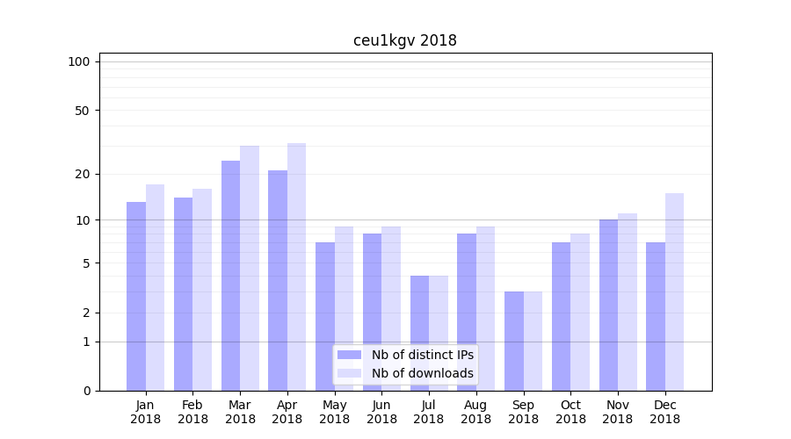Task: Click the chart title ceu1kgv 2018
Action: tap(405, 40)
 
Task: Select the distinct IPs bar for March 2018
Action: tap(230, 276)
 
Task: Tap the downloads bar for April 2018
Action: tap(296, 267)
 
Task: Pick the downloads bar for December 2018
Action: tap(674, 291)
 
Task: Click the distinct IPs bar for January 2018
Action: tap(136, 296)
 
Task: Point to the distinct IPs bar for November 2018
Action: tap(608, 305)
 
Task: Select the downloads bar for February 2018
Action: tap(202, 290)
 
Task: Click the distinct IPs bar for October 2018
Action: tap(561, 316)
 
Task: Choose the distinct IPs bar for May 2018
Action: tap(325, 316)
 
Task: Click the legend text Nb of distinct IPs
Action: tap(423, 355)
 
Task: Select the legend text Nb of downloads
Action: tap(423, 373)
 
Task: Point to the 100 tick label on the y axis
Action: tap(79, 61)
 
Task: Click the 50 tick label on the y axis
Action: tap(82, 111)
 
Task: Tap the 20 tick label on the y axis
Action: tap(82, 174)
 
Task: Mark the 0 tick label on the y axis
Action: tap(86, 391)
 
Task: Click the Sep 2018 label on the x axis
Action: tap(523, 412)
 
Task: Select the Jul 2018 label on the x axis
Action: tap(429, 412)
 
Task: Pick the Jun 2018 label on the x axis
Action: tap(381, 412)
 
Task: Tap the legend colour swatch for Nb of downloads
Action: tap(349, 373)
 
